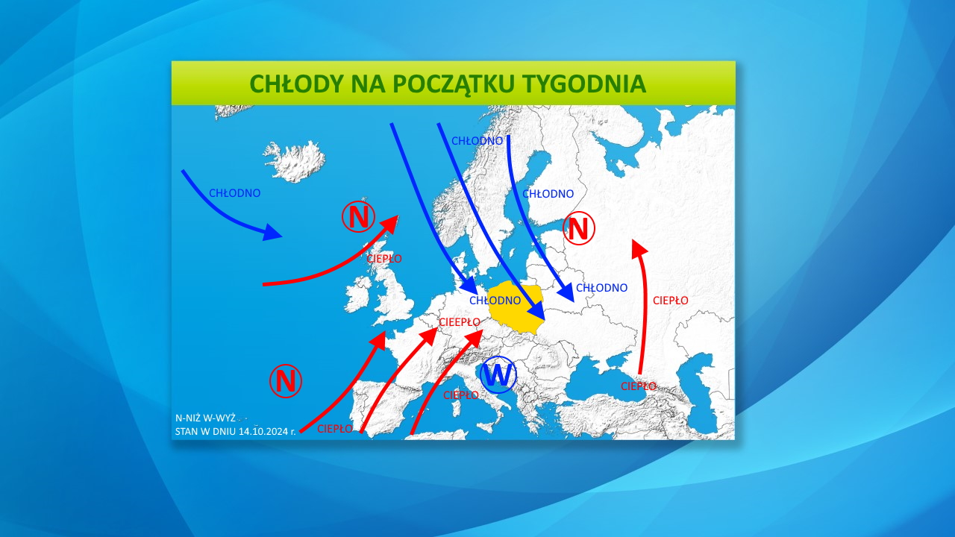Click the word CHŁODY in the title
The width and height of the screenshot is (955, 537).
pos(296,84)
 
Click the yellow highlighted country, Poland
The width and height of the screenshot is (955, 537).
pos(517,306)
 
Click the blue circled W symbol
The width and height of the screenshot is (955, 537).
pos(498,374)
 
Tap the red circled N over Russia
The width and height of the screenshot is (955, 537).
pos(579,227)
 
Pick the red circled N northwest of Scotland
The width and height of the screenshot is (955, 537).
pos(359,216)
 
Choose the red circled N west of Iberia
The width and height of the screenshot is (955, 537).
pos(285,380)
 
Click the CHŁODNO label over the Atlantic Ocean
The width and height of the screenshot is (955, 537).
pos(234,193)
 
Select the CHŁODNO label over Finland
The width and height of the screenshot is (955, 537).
pos(548,194)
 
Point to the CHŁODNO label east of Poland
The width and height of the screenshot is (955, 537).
pos(601,288)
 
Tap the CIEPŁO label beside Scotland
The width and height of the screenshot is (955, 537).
pos(384,259)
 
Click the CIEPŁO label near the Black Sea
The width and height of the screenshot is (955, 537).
pos(639,386)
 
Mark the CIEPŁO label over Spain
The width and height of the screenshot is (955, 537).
pos(335,429)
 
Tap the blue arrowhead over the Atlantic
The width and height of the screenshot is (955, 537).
pos(272,233)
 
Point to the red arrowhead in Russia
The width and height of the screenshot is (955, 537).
pos(638,248)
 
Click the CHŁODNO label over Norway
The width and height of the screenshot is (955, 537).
pos(477,141)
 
